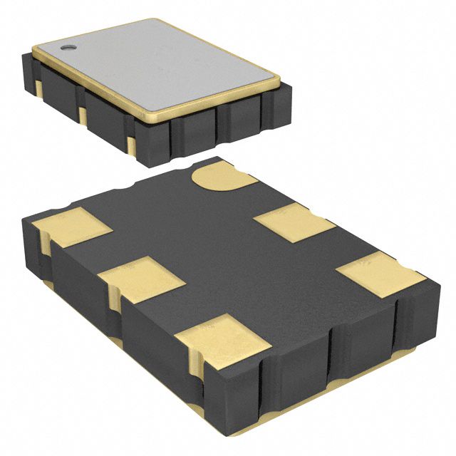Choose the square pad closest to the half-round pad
point(294,222)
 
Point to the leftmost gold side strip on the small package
point(37,85)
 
